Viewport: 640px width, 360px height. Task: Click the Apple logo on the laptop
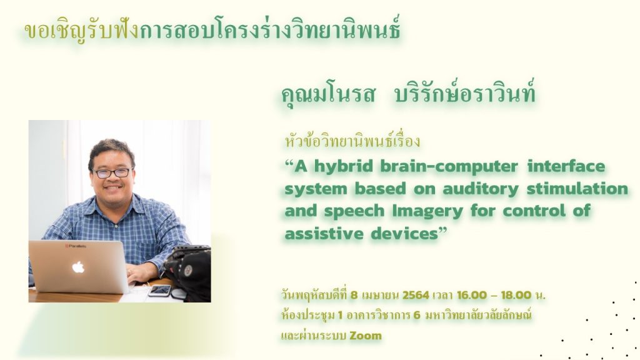coord(78,267)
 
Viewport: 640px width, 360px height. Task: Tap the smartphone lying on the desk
coord(159,290)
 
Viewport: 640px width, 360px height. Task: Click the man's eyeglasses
coord(112,173)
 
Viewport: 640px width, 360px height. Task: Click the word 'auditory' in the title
coord(481,189)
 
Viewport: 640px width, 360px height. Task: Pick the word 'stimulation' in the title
coord(577,189)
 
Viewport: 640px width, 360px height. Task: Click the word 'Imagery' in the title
coord(427,211)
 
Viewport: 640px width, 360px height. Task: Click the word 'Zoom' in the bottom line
coord(366,336)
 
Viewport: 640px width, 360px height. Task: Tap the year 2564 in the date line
coord(416,295)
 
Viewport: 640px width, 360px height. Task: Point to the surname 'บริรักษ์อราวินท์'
coord(465,93)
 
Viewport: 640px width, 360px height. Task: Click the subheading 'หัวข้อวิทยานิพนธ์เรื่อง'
coord(352,141)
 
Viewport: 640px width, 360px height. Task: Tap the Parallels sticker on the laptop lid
coord(76,246)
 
